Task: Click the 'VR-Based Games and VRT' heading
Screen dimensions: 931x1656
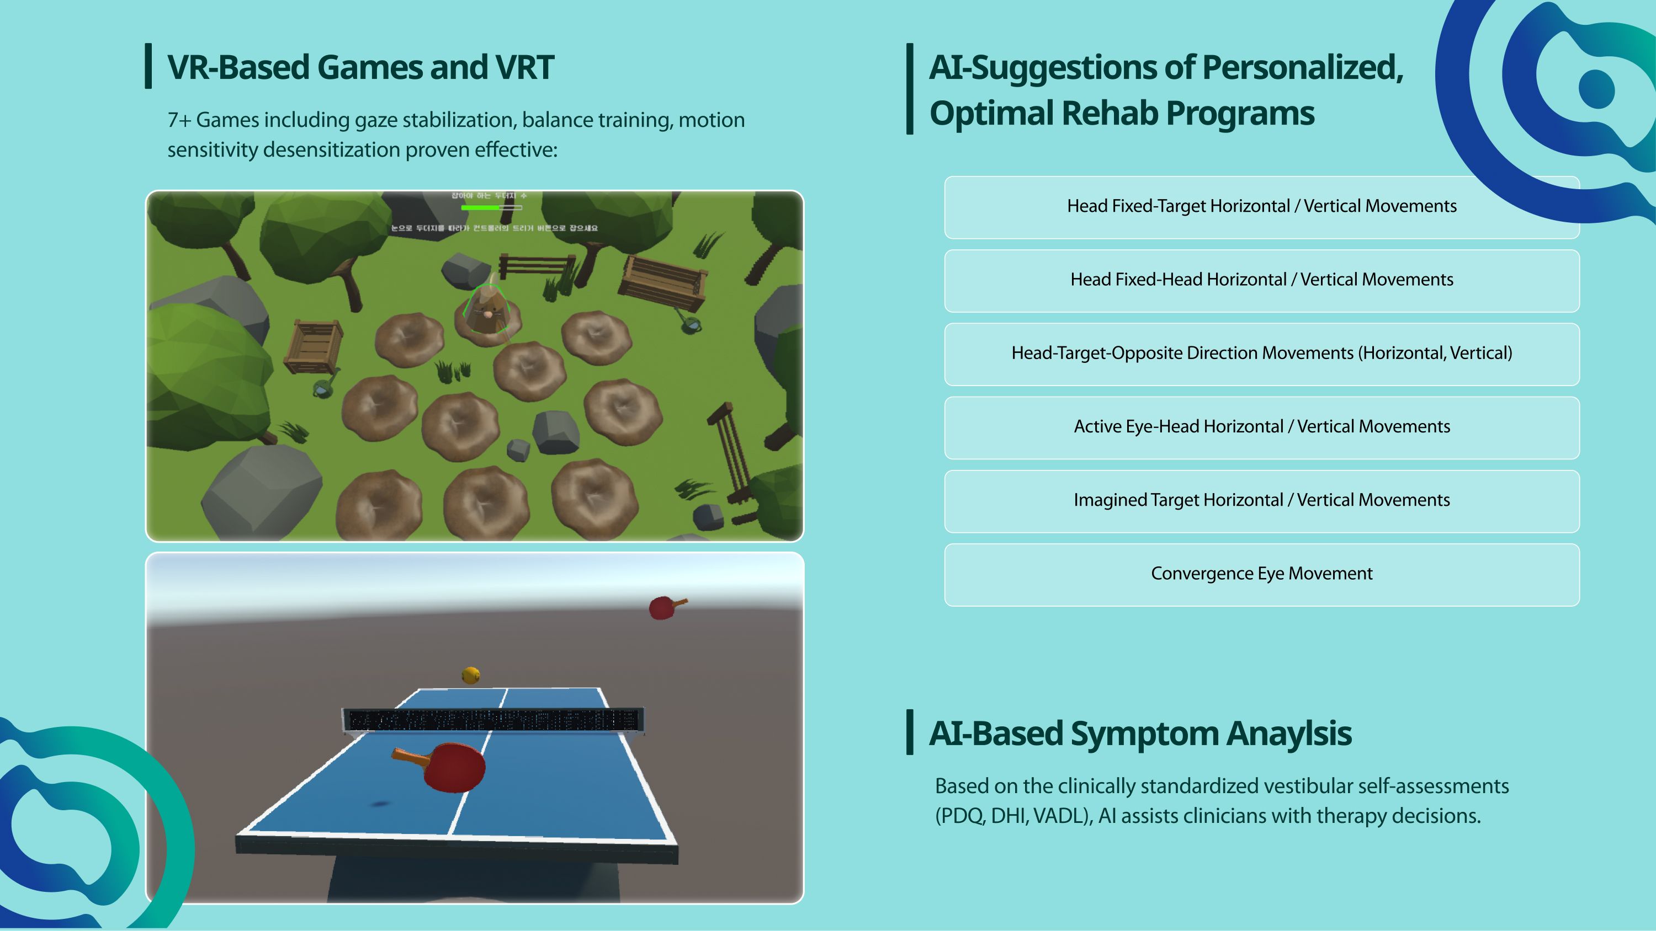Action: coord(360,67)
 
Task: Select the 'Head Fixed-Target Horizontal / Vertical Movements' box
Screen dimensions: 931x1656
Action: coord(1261,207)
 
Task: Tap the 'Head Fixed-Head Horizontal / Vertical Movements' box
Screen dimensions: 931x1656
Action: coord(1261,280)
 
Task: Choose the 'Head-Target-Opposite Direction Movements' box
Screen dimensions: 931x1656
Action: coord(1261,354)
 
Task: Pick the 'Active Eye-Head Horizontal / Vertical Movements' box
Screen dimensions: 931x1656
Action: coord(1261,427)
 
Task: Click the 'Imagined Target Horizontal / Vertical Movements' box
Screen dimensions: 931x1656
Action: coord(1261,500)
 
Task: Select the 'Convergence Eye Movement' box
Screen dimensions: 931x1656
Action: coord(1261,574)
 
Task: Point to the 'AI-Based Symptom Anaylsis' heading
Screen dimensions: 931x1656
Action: coord(1140,733)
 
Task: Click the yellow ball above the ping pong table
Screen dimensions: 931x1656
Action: coord(470,675)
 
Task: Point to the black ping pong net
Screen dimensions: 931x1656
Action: coord(492,720)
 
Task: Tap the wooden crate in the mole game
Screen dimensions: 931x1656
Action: coord(313,345)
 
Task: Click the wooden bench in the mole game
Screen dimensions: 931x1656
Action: coord(664,281)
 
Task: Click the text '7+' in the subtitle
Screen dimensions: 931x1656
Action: coord(179,120)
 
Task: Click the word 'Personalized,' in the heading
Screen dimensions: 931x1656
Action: coord(1302,67)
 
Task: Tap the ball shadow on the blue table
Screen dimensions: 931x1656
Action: coord(379,804)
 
